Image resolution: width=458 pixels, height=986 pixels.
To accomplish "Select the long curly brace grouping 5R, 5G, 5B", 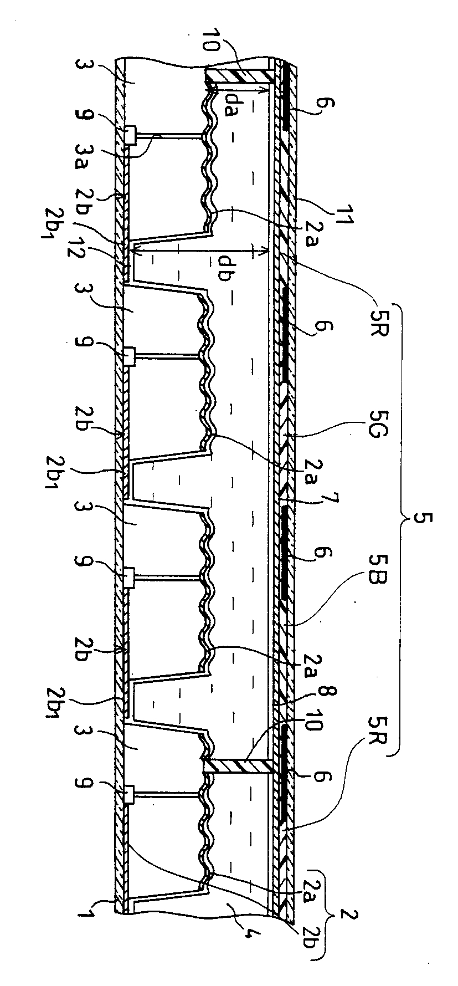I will click(x=402, y=520).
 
